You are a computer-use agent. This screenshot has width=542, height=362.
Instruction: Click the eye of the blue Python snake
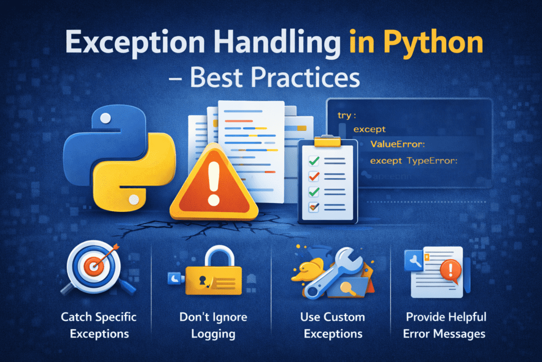[x=105, y=117]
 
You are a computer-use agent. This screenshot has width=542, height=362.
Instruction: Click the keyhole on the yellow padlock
[x=205, y=278]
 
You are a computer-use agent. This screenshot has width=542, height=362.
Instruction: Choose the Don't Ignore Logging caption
[x=212, y=325]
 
